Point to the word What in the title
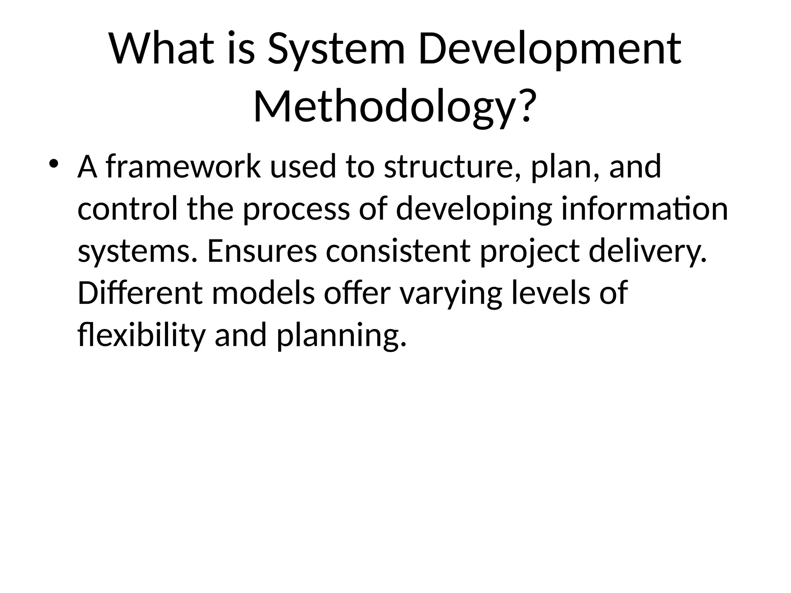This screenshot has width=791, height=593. tap(161, 49)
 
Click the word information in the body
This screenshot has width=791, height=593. tap(644, 208)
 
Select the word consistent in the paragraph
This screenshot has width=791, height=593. tap(398, 251)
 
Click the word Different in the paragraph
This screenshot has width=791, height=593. tap(140, 293)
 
